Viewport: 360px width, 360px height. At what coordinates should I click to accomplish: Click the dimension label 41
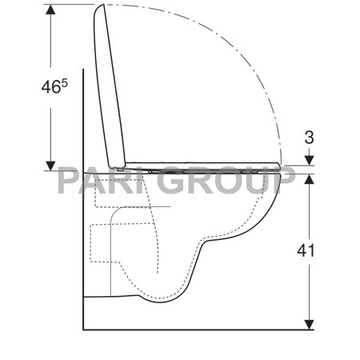(x=306, y=250)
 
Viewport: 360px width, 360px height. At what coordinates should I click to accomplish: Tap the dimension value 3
(x=310, y=138)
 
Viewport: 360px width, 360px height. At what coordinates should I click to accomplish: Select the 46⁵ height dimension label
(x=54, y=86)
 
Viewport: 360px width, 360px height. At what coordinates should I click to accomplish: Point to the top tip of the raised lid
(x=103, y=6)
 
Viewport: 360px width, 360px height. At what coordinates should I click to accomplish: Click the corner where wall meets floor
(x=83, y=329)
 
